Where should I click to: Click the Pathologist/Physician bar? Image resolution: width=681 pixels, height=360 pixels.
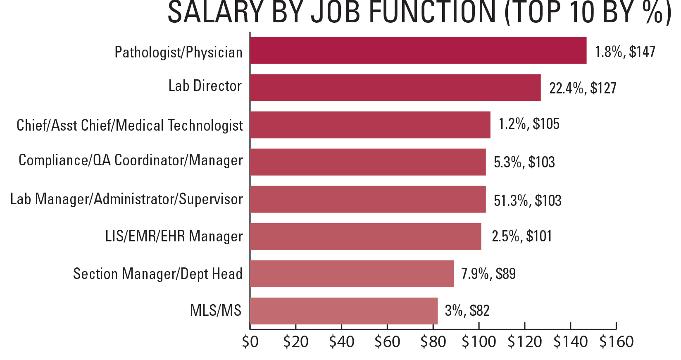pos(418,50)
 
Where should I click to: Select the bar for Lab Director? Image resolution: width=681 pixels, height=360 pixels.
pos(395,88)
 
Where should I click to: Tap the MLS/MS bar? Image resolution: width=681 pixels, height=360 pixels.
pos(343,311)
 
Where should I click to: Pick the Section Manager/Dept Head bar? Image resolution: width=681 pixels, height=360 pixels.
pos(352,274)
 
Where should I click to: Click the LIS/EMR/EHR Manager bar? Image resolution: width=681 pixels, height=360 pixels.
pos(365,236)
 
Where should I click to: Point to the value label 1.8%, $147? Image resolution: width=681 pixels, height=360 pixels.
pos(624,52)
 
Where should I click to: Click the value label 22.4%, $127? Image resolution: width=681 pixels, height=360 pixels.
pos(582,88)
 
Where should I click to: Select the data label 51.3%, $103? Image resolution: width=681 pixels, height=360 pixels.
pos(527,201)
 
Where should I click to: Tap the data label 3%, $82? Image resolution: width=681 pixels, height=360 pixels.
pos(467,311)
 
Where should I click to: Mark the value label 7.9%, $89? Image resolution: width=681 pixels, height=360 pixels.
pos(488,274)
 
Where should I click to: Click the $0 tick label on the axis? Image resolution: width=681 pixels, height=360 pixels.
pos(250,342)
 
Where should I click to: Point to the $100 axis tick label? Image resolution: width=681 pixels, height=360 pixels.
pos(479,342)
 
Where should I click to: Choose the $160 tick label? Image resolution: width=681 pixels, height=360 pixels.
pos(616,342)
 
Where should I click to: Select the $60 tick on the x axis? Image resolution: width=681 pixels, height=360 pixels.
pos(387,342)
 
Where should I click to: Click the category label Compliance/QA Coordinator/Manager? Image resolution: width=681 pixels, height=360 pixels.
pos(131,160)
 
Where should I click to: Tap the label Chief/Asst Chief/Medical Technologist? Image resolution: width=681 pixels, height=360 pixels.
pos(130,125)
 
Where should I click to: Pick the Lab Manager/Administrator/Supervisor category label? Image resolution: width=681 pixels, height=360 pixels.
pos(126,199)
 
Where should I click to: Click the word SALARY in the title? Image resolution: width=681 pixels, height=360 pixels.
pos(215,12)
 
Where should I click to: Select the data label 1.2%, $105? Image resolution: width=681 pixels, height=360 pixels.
pos(529,124)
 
